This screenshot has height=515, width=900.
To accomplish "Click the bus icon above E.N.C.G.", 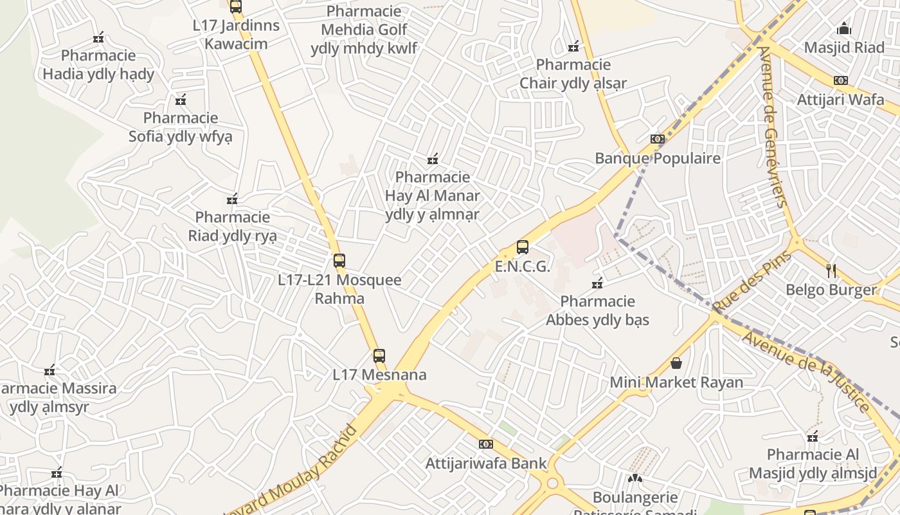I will tap(523, 247).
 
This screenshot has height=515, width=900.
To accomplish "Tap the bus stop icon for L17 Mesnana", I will tap(379, 355).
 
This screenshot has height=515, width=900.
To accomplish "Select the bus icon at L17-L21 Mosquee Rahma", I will tap(339, 261).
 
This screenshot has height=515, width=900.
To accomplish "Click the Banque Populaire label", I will tap(658, 158).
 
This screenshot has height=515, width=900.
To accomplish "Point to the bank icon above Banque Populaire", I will tap(657, 139).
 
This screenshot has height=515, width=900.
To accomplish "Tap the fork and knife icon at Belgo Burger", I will tap(831, 271).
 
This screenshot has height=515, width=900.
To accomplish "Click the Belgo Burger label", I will tap(831, 290).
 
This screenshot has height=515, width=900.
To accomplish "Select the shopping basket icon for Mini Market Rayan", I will tap(676, 363).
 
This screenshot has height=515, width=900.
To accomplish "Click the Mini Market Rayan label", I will tap(676, 382).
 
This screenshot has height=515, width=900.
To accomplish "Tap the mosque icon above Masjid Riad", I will tap(844, 29).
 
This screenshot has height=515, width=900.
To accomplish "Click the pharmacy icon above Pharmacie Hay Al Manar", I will tap(433, 158).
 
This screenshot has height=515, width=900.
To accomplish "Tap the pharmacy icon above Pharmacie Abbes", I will tap(597, 283).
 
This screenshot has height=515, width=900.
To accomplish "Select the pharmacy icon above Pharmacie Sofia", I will tap(181, 100).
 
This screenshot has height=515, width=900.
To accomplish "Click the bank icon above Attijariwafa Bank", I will tap(486, 444).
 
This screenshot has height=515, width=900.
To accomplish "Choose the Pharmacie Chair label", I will tap(573, 74).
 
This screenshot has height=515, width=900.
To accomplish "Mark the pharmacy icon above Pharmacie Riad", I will tap(232, 199).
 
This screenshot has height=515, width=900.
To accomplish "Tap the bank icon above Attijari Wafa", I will tap(840, 80).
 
